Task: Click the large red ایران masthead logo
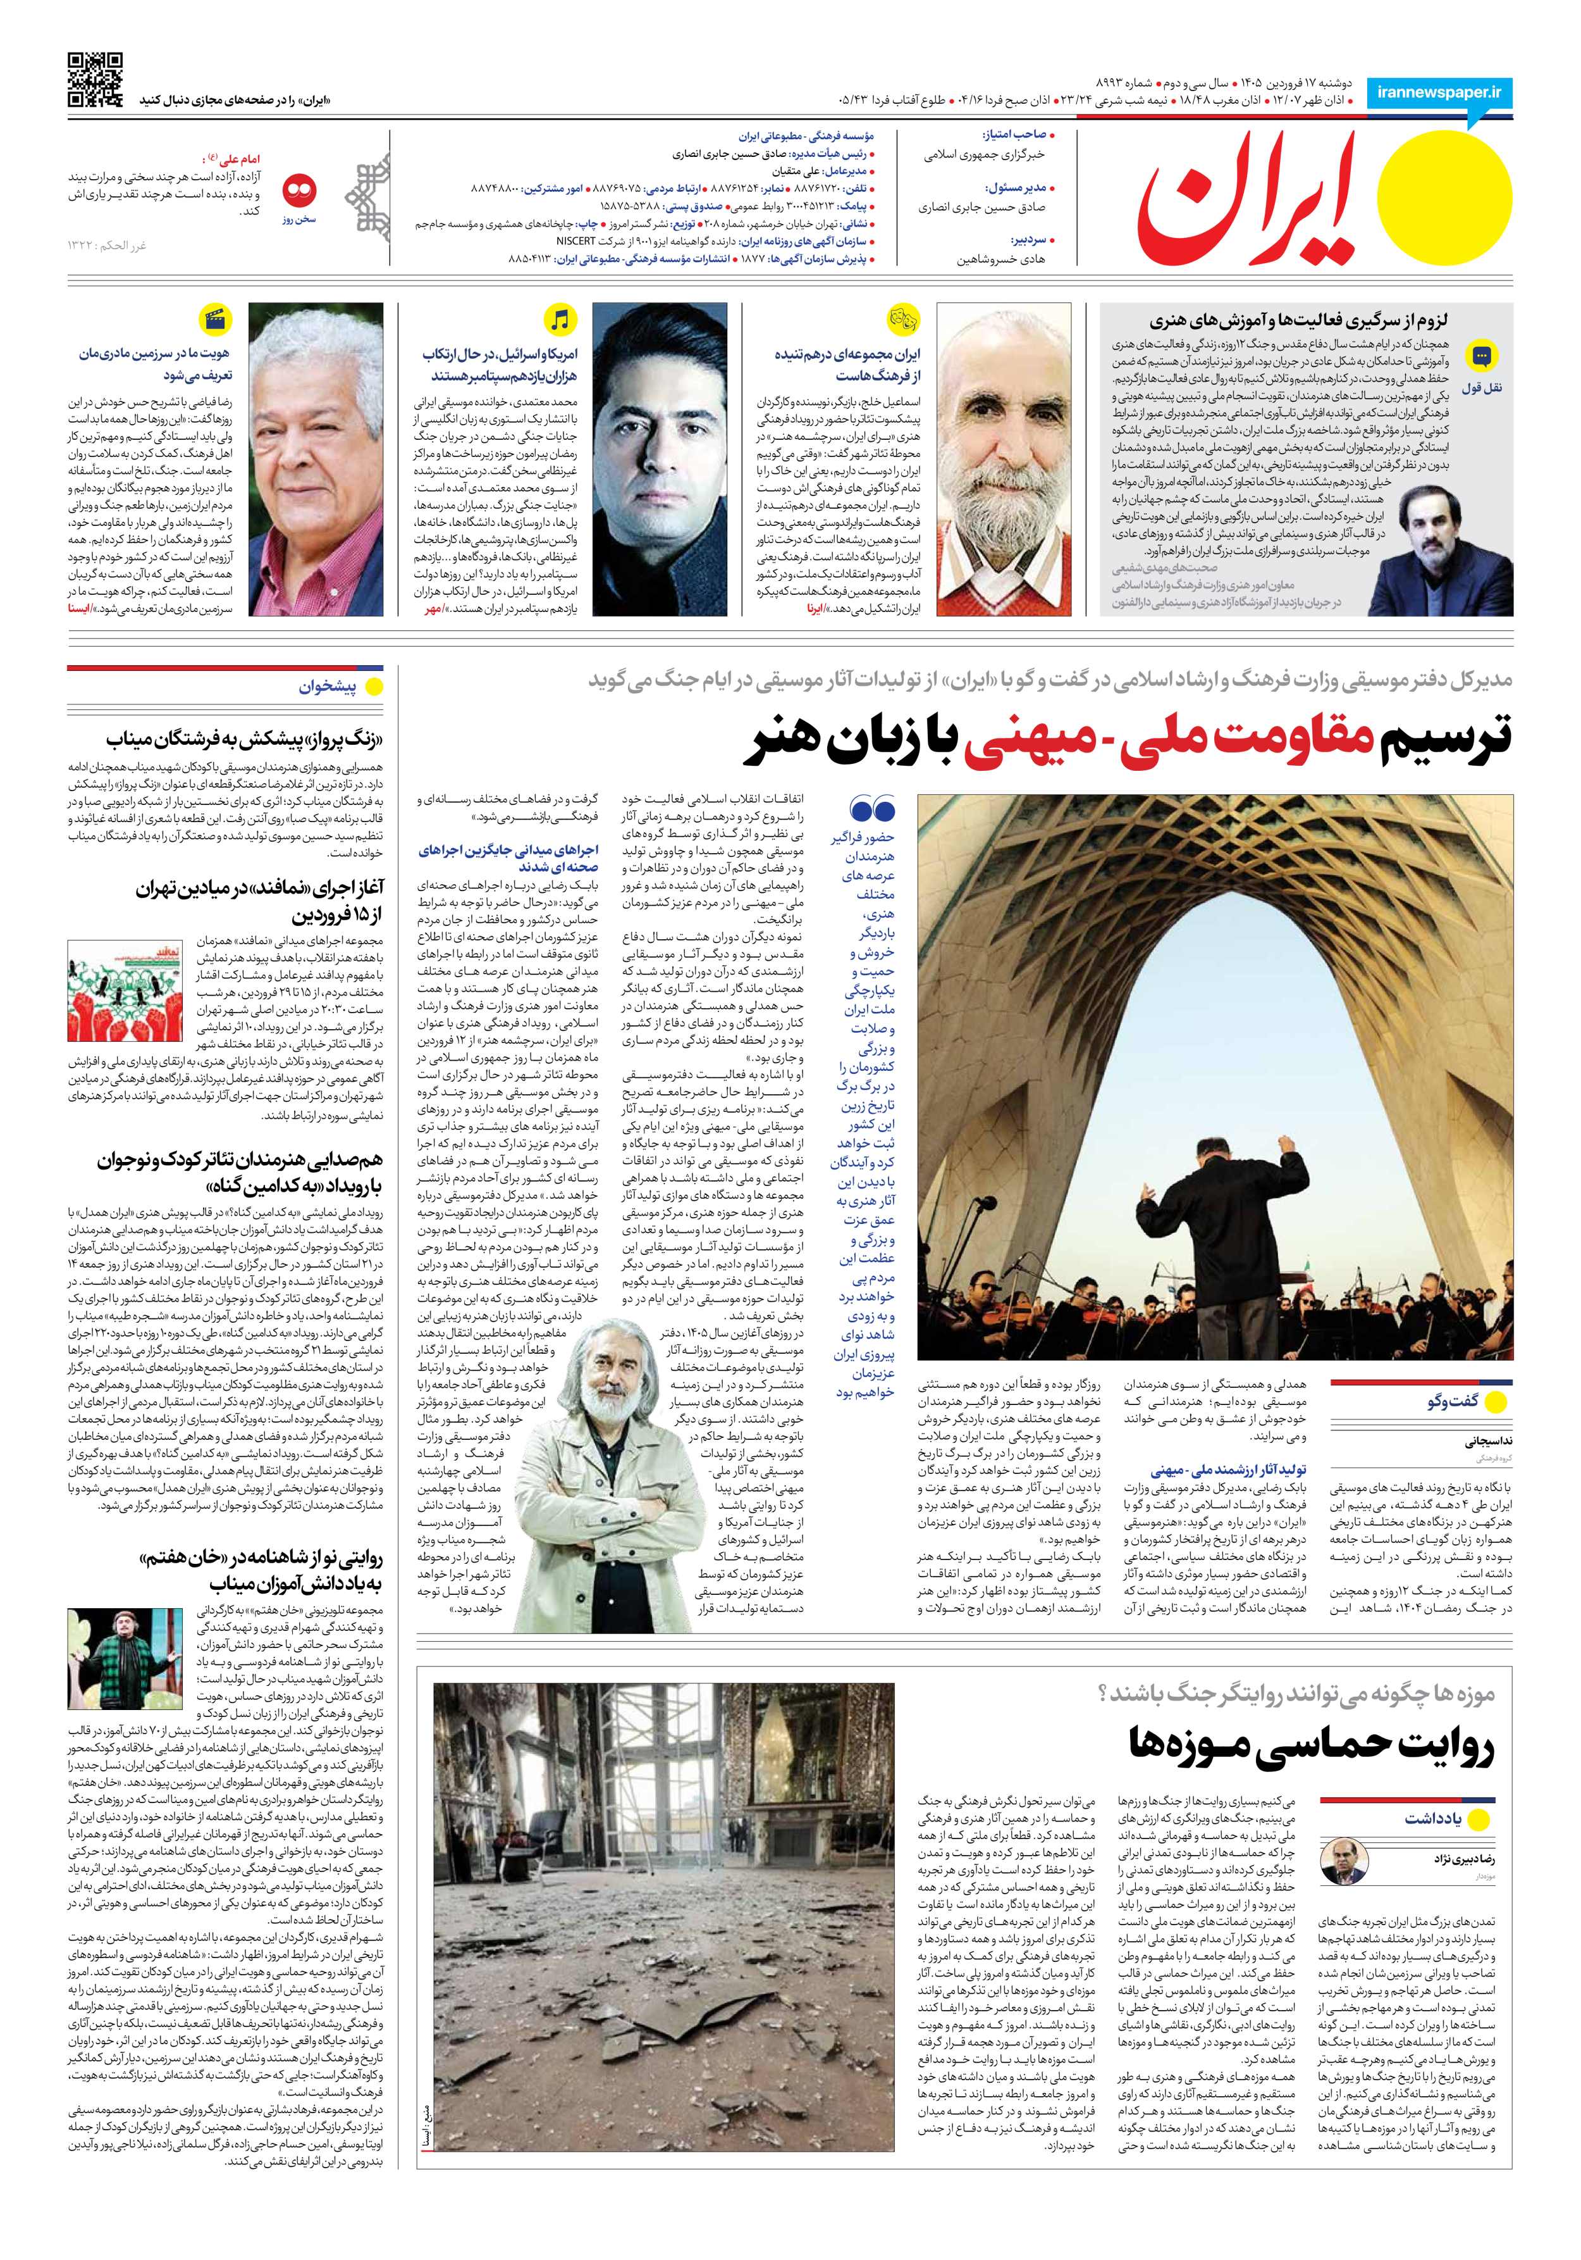(x=1248, y=202)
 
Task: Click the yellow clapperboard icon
(x=214, y=320)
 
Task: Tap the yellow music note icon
(x=560, y=320)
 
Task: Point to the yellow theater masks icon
(x=902, y=320)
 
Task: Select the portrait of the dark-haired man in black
(x=660, y=458)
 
